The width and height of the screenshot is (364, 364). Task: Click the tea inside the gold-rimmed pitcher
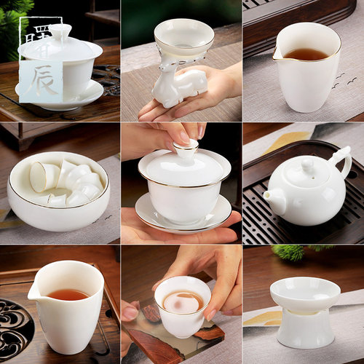[x=306, y=54]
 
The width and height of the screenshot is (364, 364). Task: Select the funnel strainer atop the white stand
[x=304, y=293]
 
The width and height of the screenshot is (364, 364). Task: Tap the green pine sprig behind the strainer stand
[x=290, y=252]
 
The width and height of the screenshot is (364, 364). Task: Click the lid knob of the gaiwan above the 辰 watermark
[x=60, y=31]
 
